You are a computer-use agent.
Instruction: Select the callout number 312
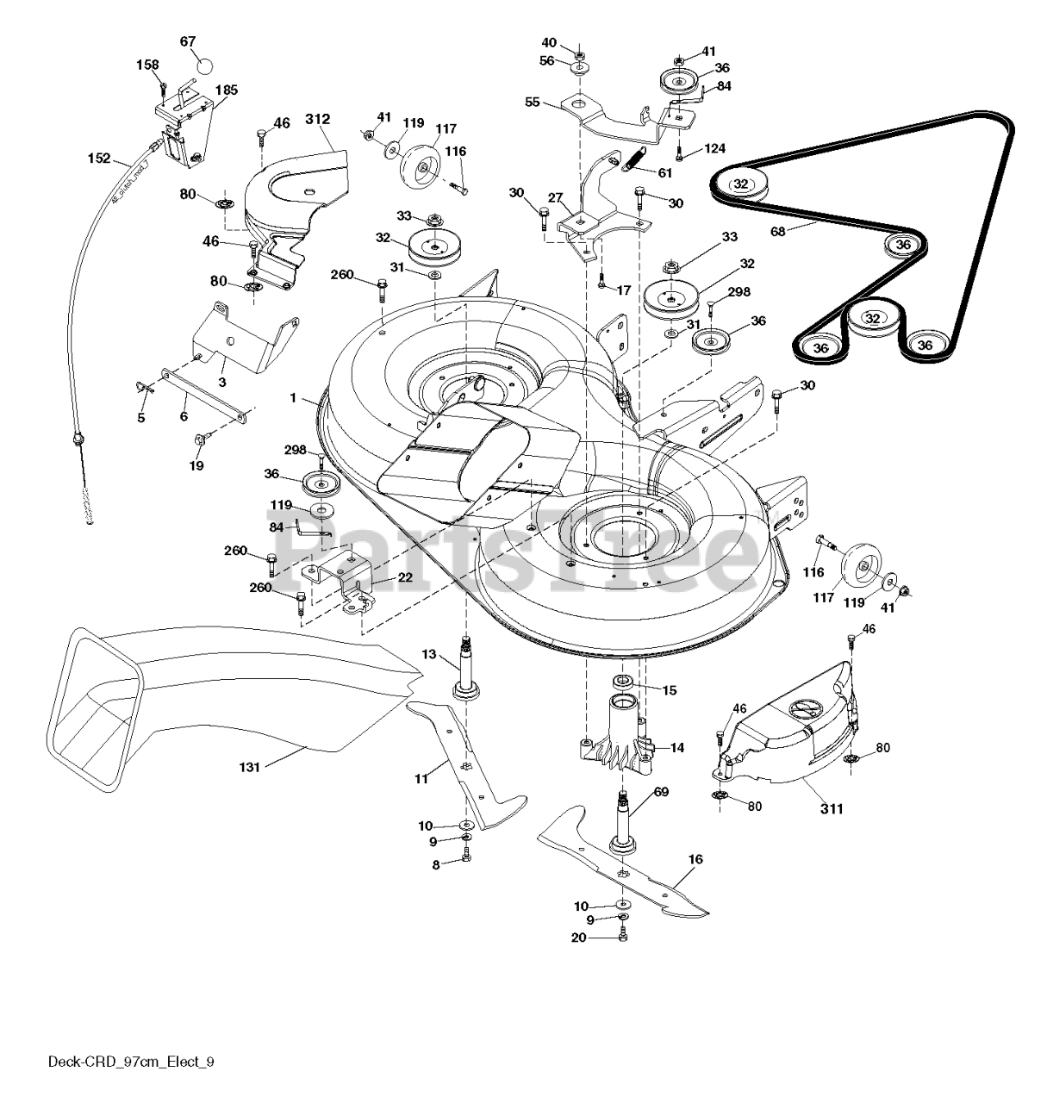(x=318, y=119)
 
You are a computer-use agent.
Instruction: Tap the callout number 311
(x=832, y=808)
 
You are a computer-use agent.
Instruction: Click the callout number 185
(x=227, y=90)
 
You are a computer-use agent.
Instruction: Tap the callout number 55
(x=533, y=102)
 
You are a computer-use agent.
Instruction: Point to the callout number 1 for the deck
(x=293, y=398)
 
